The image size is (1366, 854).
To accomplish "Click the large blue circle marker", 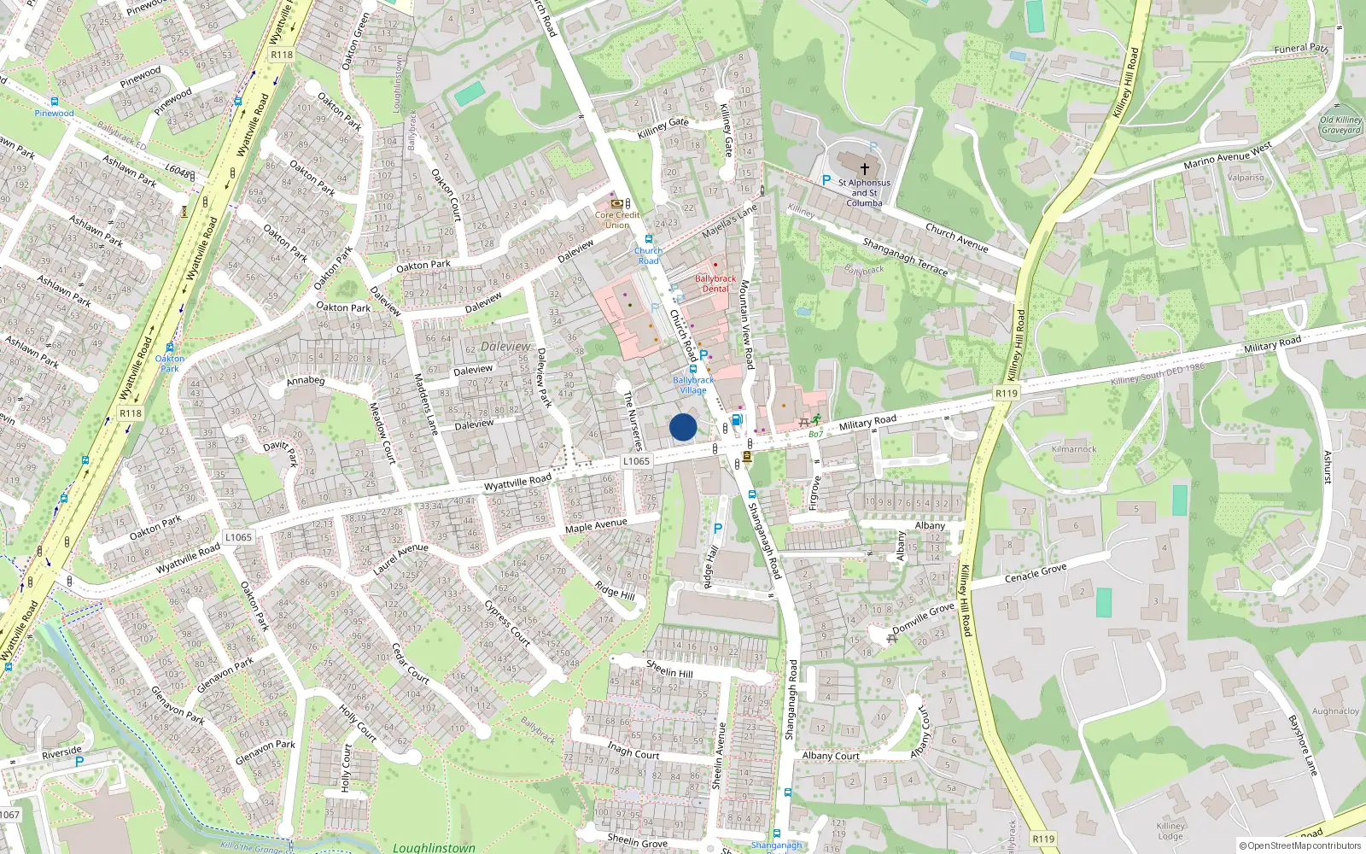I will [683, 427].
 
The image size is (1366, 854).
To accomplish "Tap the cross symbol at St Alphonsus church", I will [864, 169].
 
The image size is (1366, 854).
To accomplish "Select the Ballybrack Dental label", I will [715, 284].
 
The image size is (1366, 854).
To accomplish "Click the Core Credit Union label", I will [617, 219].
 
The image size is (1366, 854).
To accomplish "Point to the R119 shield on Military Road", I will [1007, 394].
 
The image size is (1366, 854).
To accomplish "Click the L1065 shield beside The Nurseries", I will [636, 461].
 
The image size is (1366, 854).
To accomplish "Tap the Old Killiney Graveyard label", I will [1340, 126].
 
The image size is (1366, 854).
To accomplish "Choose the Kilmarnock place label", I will [1074, 449].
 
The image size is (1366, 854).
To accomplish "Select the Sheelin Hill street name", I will [669, 669].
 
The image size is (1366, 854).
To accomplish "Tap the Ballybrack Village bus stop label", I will [693, 385].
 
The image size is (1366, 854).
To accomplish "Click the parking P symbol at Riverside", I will [79, 762].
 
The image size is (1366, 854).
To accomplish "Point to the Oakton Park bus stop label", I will [170, 364].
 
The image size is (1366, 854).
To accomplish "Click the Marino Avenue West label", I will [1227, 156].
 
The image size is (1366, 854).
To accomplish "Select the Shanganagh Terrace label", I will [905, 257].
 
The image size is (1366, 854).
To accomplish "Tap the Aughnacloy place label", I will [1335, 711].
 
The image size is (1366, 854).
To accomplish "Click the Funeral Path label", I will [1301, 49].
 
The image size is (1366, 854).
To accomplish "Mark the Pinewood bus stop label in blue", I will [54, 113].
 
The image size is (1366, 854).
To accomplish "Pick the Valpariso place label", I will [1245, 178].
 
